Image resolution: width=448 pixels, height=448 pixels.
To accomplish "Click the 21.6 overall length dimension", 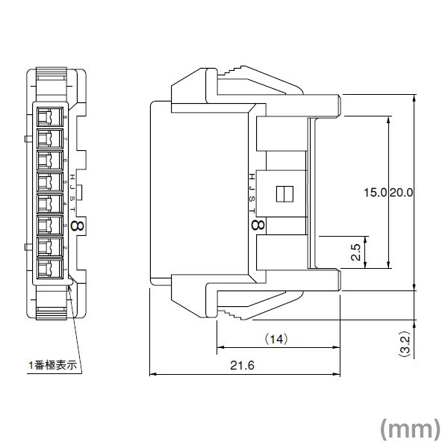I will click(243, 365).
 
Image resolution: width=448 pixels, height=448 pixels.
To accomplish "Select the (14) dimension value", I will click(276, 339).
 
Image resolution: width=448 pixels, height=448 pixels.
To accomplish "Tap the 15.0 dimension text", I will click(375, 192).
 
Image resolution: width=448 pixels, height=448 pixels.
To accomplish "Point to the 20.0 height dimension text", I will click(401, 192).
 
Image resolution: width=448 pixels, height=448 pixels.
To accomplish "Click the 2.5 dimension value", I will click(356, 252).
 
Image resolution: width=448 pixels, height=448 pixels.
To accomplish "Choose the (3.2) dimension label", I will click(404, 344).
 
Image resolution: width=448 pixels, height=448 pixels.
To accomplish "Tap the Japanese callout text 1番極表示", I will click(53, 365).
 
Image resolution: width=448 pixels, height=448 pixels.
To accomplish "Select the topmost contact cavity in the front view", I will click(49, 116).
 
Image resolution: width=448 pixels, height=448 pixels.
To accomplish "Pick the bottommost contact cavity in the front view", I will click(49, 269).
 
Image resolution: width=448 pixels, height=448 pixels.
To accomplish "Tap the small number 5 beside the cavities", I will click(66, 182).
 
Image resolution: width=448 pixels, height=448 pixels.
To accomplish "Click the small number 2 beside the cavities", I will click(66, 247).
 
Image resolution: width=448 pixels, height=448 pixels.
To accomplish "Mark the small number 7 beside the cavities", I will click(66, 139).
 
